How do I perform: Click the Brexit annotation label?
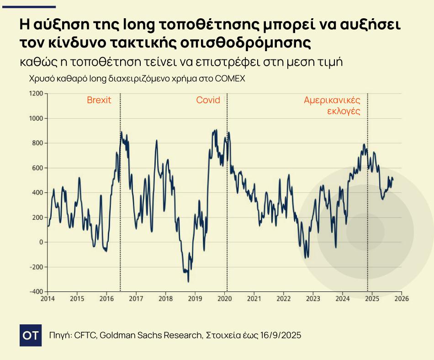coord(99,100)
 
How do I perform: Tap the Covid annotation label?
coord(208,100)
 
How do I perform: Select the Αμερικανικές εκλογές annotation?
coord(333,106)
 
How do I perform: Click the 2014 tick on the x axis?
coord(48,299)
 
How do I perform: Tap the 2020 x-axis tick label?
coord(225,299)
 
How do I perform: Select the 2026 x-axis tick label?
coord(402,299)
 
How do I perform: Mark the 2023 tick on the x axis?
coord(313,299)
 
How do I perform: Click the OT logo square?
coord(31,335)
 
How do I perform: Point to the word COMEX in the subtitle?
coord(231,79)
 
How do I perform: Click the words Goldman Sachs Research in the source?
coord(151,335)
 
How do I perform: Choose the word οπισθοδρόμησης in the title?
coord(246,43)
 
